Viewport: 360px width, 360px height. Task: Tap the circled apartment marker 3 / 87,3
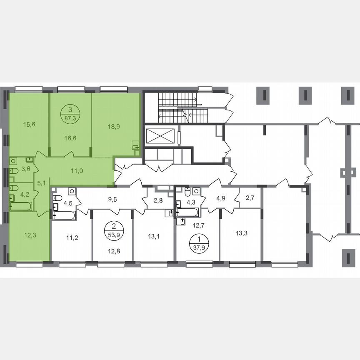[70, 113]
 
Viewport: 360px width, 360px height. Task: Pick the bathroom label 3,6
[26, 169]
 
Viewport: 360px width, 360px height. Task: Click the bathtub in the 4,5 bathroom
[64, 215]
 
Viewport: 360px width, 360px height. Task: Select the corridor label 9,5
[112, 198]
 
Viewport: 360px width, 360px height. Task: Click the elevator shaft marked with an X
[160, 136]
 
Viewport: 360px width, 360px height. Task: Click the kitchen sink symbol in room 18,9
[135, 145]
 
